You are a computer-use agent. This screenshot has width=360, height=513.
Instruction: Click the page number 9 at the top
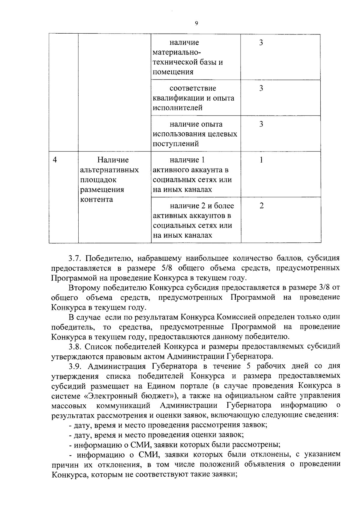[196, 23]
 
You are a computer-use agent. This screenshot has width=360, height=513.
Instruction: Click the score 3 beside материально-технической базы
[261, 43]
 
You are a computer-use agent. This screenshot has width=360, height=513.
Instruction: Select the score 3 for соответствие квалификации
[261, 88]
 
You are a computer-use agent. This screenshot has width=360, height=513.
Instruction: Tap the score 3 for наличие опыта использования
[261, 124]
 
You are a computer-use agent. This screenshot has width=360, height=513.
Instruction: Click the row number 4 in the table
[55, 160]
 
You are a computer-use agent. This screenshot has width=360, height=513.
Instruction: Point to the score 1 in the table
[261, 160]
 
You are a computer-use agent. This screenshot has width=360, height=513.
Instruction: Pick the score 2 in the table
[261, 206]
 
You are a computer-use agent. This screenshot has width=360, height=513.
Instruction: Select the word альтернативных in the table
[110, 170]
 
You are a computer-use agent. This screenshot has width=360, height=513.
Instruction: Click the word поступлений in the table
[176, 144]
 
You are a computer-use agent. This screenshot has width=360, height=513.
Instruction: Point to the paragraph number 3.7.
[75, 258]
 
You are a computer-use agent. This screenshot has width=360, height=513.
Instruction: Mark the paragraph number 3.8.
[75, 346]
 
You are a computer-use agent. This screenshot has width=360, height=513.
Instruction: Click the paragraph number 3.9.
[75, 366]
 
